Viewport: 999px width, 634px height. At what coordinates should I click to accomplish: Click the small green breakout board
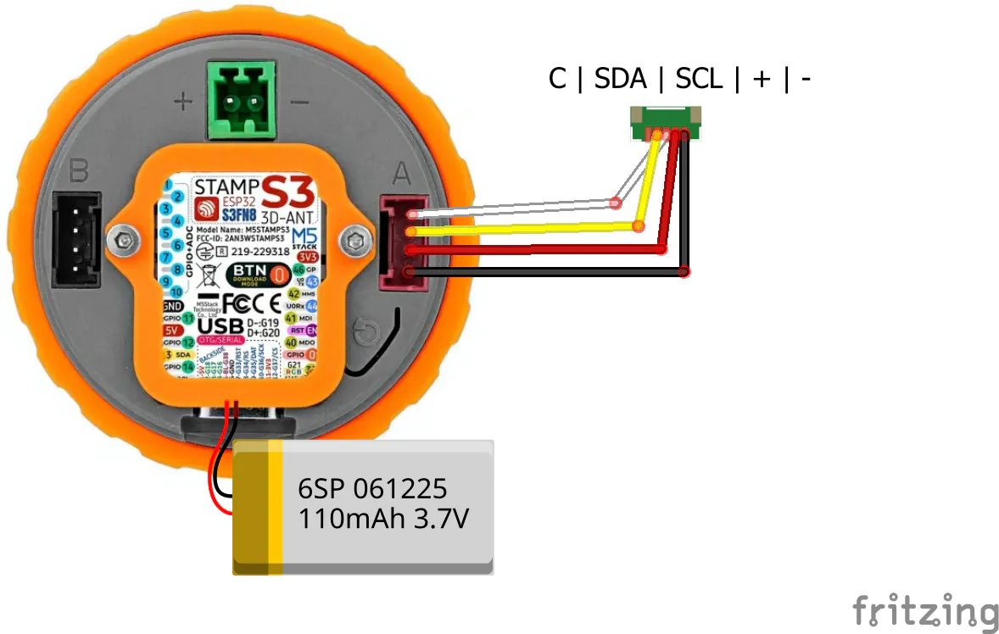667,124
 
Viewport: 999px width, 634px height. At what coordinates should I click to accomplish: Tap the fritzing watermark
925,610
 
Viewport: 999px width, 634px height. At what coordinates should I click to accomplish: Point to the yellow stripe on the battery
275,506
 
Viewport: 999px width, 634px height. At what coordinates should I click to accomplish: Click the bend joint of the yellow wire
639,226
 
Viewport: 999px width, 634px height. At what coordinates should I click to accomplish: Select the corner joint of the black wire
684,272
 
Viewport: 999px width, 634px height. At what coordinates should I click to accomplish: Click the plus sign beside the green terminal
182,103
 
